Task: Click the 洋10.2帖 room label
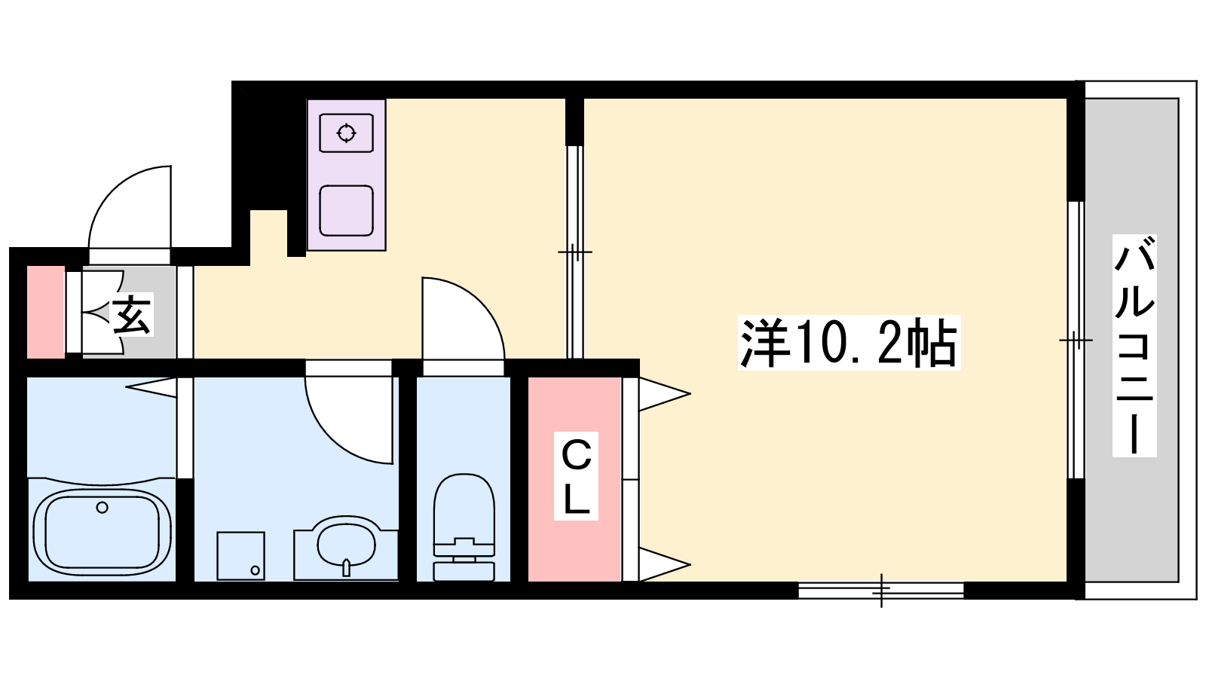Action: [x=849, y=343]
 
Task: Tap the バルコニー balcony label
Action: [x=1134, y=346]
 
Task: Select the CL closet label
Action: [x=576, y=475]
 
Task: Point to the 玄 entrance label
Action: [x=131, y=314]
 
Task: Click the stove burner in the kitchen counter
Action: [x=346, y=133]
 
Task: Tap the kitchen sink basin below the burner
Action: [x=346, y=211]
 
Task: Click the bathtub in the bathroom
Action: [x=103, y=533]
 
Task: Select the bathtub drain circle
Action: [x=102, y=508]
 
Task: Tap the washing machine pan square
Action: [x=240, y=556]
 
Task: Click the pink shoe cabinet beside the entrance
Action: [x=46, y=312]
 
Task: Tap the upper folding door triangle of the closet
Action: [x=664, y=395]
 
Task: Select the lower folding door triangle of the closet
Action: [x=664, y=564]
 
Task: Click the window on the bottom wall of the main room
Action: [x=881, y=591]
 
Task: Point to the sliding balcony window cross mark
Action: [x=1076, y=340]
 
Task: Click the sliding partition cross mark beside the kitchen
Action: [x=575, y=252]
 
